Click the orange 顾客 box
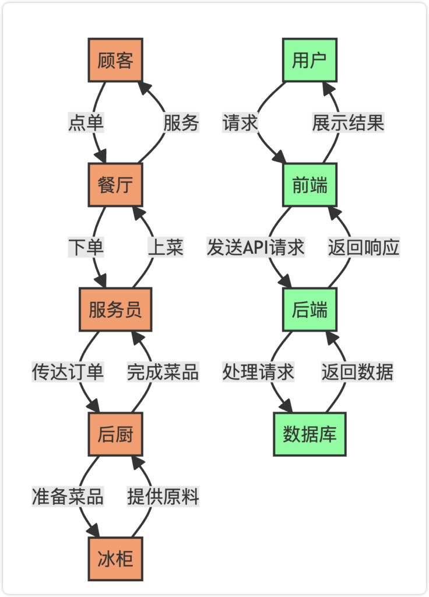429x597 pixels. click(x=115, y=60)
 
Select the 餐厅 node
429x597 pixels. click(x=115, y=185)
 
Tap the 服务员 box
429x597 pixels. click(x=115, y=310)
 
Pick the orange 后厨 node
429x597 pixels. click(x=115, y=434)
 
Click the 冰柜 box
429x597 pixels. click(x=115, y=559)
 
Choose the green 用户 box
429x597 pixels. click(x=310, y=60)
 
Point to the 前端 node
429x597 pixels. click(x=310, y=185)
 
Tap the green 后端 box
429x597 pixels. click(x=310, y=310)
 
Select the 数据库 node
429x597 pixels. click(x=310, y=434)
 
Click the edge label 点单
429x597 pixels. click(x=86, y=123)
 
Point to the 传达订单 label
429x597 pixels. click(x=68, y=372)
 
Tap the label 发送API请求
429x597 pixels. click(x=255, y=248)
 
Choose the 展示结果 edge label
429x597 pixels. click(x=348, y=123)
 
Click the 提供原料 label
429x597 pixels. click(x=163, y=497)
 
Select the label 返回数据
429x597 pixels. click(x=357, y=372)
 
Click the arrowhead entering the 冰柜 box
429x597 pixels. click(x=94, y=532)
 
